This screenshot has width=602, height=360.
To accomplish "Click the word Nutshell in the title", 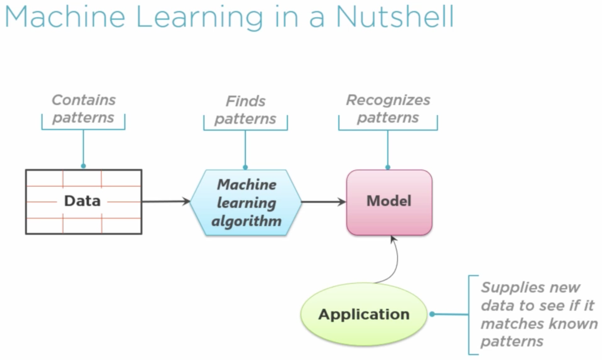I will pos(395,16).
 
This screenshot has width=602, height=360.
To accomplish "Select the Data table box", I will pos(83,202).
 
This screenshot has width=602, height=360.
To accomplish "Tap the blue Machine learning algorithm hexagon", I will pos(246,202).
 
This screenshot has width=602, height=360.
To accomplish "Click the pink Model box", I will pos(389,202).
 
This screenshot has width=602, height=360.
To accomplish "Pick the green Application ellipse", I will pos(364,315).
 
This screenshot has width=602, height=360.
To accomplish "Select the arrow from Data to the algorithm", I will pos(166,202).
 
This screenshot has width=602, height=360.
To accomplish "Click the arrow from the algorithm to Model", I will pos(324,202).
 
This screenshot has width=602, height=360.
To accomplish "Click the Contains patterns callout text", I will pos(83,109).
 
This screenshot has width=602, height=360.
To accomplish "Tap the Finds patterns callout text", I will pos(245,110).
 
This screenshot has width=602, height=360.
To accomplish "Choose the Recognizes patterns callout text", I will pos(388,109).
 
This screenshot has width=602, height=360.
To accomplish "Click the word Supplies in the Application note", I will pos(507,288).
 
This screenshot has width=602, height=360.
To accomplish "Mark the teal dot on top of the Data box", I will pos(83,166).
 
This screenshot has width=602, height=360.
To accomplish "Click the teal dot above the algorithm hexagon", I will pos(245,167).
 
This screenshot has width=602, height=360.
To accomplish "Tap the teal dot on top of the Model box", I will pos(388,167).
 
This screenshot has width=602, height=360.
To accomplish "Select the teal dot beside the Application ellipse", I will pos(431,315).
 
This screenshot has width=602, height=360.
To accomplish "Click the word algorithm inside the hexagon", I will pos(246,221).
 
